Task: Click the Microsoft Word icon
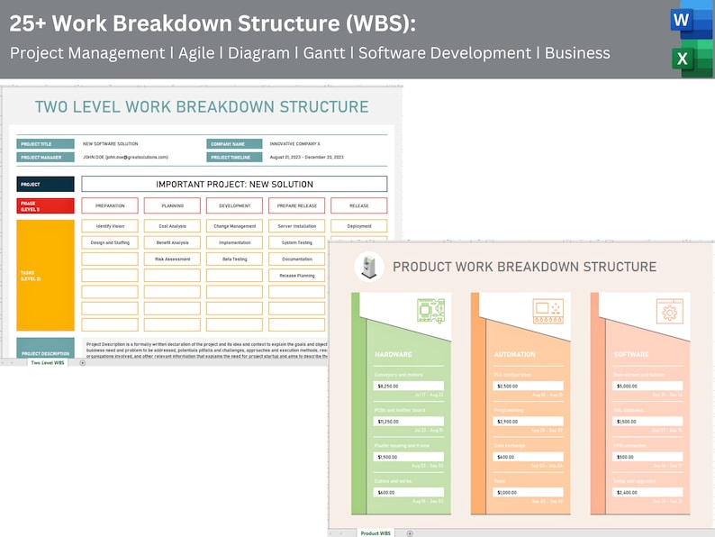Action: point(691,22)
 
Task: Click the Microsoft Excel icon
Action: point(691,59)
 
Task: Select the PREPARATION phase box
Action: point(110,205)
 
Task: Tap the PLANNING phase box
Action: point(172,205)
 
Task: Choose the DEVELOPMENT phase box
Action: point(234,205)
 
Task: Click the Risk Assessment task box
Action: point(172,259)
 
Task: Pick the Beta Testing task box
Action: point(234,259)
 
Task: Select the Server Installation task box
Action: point(296,226)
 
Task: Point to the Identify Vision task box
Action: point(110,226)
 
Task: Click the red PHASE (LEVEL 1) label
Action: point(45,205)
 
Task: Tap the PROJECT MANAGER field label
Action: point(45,157)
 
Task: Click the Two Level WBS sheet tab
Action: point(48,362)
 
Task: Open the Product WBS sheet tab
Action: point(376,532)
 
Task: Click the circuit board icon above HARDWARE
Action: point(430,311)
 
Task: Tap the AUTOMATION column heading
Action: point(515,354)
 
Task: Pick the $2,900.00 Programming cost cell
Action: point(529,421)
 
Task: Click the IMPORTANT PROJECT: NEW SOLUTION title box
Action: point(234,184)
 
